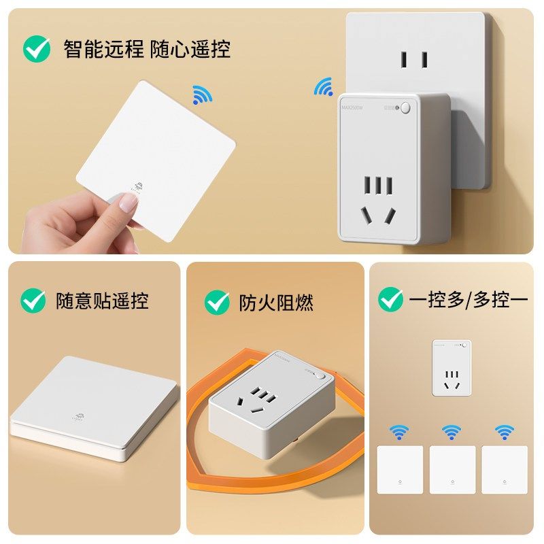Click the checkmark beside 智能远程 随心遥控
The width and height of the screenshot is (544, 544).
[37, 48]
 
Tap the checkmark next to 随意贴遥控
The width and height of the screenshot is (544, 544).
[33, 300]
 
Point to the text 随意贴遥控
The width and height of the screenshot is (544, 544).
[102, 301]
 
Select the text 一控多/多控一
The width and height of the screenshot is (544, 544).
[469, 299]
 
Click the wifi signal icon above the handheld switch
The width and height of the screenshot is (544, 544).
[202, 95]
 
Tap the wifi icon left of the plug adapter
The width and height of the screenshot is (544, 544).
[323, 86]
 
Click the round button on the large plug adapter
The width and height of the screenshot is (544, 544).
[406, 107]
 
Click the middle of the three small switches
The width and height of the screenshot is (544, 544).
[452, 469]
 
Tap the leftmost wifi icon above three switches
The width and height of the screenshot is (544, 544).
[399, 432]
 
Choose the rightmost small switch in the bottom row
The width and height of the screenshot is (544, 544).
[505, 469]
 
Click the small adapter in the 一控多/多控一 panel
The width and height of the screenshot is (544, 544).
[452, 368]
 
